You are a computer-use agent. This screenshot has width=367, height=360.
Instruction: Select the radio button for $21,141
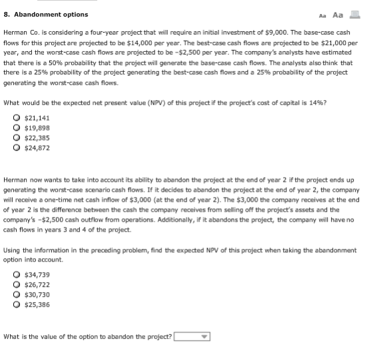pyautogui.click(x=17, y=118)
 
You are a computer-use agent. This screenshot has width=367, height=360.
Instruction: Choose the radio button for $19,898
pyautogui.click(x=17, y=128)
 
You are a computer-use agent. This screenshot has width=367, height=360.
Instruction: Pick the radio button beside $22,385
pyautogui.click(x=17, y=138)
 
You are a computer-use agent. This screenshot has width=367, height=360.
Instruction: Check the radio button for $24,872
pyautogui.click(x=17, y=148)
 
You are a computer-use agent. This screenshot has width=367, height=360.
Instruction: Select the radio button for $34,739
pyautogui.click(x=17, y=274)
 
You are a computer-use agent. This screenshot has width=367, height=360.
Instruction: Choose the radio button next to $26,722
pyautogui.click(x=17, y=284)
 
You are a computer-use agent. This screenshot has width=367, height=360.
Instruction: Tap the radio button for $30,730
pyautogui.click(x=17, y=294)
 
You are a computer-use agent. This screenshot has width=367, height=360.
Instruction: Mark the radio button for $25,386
pyautogui.click(x=17, y=304)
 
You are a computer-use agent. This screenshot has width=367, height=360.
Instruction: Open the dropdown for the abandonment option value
pyautogui.click(x=192, y=337)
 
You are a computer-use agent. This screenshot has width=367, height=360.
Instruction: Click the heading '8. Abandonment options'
pyautogui.click(x=46, y=15)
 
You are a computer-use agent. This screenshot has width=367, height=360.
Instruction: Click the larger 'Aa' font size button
pyautogui.click(x=338, y=14)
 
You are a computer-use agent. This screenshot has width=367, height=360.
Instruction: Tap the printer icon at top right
pyautogui.click(x=354, y=14)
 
